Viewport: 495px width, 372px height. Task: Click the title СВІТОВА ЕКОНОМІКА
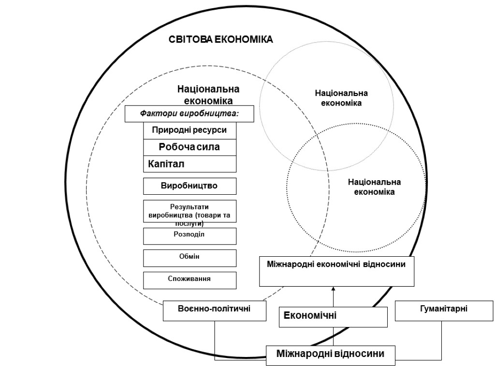tap(220, 39)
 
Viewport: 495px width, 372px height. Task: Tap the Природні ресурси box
tap(189, 130)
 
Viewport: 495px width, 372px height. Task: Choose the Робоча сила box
tap(189, 147)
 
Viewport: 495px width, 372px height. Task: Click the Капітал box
tap(189, 164)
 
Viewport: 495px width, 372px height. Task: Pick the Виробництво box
tap(189, 186)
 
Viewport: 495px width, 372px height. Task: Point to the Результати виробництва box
tap(189, 211)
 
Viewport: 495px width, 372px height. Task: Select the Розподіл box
tap(189, 235)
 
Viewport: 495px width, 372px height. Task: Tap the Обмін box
tap(189, 257)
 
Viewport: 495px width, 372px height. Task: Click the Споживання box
tap(189, 279)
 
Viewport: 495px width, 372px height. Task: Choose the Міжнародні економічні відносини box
tap(337, 271)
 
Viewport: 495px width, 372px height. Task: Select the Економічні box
tap(334, 317)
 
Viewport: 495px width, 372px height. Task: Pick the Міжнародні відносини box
tap(331, 354)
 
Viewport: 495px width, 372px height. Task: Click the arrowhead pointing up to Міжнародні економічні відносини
tap(334, 290)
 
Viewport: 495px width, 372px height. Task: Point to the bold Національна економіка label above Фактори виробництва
tap(208, 95)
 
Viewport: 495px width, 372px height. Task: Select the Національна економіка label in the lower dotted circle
tap(374, 186)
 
